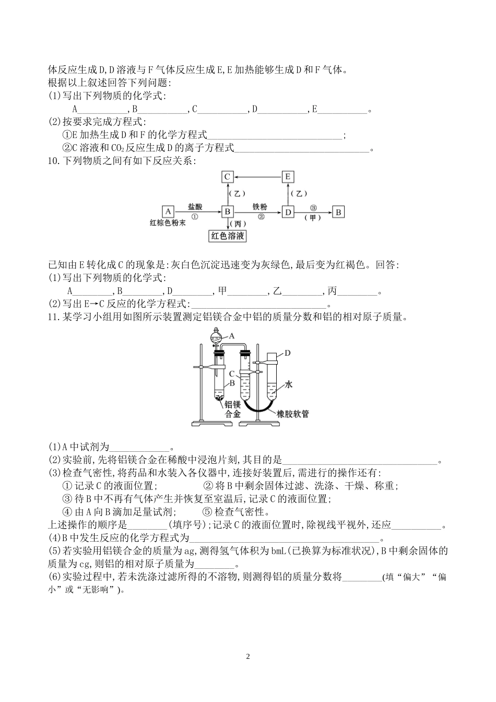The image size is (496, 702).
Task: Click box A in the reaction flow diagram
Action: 168,212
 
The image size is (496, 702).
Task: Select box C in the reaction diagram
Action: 227,177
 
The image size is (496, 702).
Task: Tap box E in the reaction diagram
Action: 288,177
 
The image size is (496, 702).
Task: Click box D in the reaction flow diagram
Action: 288,212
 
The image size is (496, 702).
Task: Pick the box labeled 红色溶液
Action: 227,236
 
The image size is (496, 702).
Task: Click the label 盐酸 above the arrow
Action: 195,206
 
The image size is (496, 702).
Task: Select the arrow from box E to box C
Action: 257,177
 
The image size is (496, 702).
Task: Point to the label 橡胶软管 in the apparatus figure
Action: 293,414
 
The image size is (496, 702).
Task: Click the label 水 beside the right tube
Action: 289,384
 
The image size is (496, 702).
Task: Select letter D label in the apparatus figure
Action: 288,353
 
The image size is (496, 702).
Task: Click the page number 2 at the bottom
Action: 248,657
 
